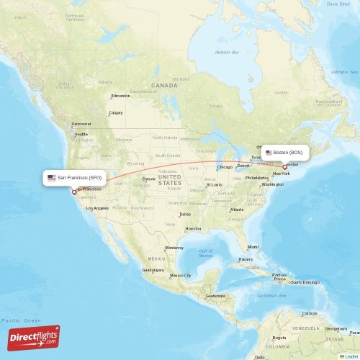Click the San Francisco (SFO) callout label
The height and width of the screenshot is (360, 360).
[x=76, y=177]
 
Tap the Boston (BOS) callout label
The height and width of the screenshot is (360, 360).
[x=287, y=153]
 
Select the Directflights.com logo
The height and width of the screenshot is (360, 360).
[x=34, y=337]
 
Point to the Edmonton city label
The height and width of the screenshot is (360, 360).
[x=121, y=96]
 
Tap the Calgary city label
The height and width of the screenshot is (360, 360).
[x=115, y=113]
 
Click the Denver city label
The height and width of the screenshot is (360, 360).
[x=149, y=179]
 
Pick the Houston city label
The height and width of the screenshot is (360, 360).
[x=192, y=229]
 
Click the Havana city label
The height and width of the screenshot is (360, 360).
[x=246, y=259]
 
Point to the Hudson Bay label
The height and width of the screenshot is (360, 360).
[x=227, y=52]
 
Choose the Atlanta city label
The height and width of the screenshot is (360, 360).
[x=236, y=210]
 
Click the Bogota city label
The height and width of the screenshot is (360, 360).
[x=279, y=337]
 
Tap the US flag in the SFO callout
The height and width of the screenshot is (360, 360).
[x=52, y=177]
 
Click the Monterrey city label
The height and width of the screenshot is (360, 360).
[x=174, y=248]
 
